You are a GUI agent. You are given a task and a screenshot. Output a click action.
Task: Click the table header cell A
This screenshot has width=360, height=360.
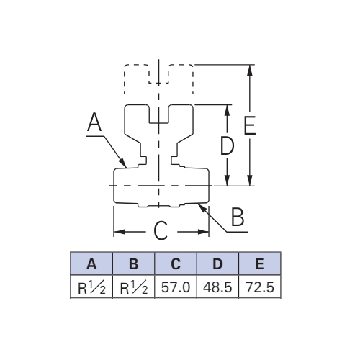[91, 264]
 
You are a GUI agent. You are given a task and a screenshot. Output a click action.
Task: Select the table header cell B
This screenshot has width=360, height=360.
[133, 264]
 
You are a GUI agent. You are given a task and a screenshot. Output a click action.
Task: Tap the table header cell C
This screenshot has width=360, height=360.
[176, 264]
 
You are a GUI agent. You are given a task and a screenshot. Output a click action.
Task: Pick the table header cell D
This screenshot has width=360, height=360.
[217, 264]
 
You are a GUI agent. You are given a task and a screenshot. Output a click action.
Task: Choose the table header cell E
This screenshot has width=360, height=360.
[260, 264]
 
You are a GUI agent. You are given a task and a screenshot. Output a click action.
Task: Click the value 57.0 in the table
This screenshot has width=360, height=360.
[176, 287]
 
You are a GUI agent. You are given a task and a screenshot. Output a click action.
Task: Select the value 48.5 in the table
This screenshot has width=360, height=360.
[217, 287]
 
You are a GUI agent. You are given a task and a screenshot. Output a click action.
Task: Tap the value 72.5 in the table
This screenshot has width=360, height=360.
[260, 287]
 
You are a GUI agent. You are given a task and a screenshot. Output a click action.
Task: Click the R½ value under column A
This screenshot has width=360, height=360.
[91, 287]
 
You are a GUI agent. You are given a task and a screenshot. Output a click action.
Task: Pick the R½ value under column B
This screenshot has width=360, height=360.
[134, 287]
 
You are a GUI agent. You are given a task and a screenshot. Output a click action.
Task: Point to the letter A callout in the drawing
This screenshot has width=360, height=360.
[94, 122]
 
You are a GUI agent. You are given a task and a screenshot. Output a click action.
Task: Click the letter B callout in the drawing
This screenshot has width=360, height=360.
[238, 217]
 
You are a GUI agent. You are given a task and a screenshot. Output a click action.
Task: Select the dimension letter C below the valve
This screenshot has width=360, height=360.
[161, 231]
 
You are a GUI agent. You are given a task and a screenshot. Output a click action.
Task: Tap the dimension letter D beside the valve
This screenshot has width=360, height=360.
[227, 145]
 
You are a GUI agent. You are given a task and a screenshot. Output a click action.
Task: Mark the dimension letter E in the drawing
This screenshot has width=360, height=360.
[250, 125]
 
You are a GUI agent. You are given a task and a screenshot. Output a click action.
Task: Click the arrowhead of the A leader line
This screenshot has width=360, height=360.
[123, 163]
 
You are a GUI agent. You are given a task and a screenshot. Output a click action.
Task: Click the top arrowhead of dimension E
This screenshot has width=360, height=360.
[250, 71]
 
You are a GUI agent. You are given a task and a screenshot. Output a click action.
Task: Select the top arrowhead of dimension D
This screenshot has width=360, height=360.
[227, 110]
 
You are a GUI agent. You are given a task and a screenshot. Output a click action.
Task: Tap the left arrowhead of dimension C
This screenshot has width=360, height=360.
[120, 232]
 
